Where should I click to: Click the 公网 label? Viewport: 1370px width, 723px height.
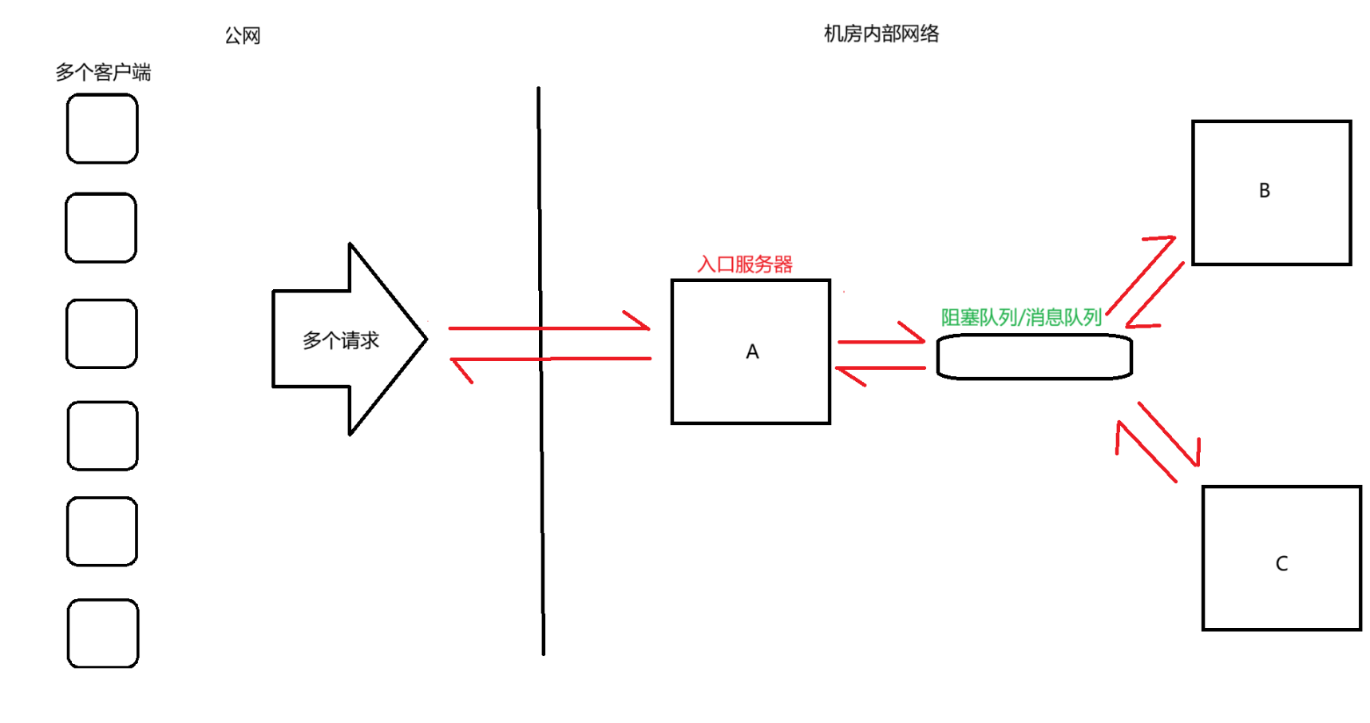click(243, 36)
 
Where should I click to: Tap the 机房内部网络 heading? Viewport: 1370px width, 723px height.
click(881, 34)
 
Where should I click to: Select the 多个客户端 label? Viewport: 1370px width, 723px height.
click(103, 73)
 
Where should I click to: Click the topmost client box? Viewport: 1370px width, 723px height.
click(102, 129)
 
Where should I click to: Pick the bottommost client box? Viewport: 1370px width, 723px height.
click(103, 634)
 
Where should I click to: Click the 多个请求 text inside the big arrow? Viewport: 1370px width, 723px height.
click(341, 340)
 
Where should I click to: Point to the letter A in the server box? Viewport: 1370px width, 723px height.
click(752, 352)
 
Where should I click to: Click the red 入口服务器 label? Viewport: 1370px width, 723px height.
click(745, 264)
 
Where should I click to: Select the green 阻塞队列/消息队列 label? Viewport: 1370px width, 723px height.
click(1021, 317)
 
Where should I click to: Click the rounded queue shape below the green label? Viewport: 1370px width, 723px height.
click(1035, 357)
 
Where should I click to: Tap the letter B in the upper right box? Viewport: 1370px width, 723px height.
click(1265, 191)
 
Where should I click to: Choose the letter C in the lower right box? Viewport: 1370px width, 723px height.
click(1281, 564)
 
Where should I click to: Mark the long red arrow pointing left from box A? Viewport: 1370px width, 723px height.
click(551, 360)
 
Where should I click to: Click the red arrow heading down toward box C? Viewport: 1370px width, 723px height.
click(1169, 435)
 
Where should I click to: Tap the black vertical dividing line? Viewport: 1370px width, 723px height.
click(540, 479)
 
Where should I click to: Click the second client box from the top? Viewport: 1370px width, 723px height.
click(101, 228)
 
